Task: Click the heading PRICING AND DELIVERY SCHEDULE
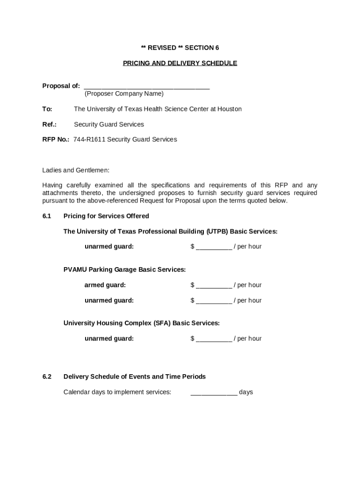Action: coord(180,63)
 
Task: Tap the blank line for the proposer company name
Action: coord(147,87)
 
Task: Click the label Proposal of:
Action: coord(61,86)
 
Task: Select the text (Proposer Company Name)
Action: coord(124,94)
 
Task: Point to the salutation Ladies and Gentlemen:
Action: coord(76,170)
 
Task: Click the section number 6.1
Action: coord(46,216)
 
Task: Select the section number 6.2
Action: coord(46,377)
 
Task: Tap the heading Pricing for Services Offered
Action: coord(106,216)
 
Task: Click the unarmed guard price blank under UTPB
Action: coord(214,247)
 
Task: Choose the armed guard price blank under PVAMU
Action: coord(214,285)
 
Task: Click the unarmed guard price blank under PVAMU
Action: coord(214,301)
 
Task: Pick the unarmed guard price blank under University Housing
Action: coord(214,339)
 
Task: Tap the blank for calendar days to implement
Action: coord(214,392)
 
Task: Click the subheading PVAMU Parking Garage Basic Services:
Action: coord(124,270)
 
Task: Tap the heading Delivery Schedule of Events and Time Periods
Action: coord(135,377)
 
